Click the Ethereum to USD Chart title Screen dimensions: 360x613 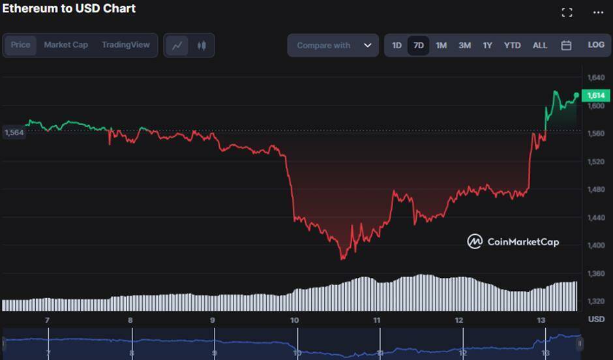coord(68,8)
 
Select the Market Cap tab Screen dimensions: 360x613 coord(66,45)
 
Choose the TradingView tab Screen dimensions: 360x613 coord(125,45)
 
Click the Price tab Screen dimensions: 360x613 coord(20,45)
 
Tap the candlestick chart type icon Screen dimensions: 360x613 coord(202,46)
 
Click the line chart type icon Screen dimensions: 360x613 coord(177,46)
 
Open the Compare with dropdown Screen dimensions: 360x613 coord(333,46)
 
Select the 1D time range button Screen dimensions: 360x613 coord(396,46)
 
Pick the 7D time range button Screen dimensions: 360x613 coord(419,46)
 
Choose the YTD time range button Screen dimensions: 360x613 coord(513,46)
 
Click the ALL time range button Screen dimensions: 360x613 coord(540,46)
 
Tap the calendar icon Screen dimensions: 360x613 coord(566,46)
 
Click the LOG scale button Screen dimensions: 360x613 coord(596,45)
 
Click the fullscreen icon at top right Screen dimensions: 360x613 coord(567,12)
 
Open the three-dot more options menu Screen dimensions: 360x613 coord(598,12)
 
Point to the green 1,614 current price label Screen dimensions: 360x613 coord(596,95)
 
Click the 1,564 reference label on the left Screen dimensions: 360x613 coord(14,132)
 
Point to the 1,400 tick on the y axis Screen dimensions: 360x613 coord(596,245)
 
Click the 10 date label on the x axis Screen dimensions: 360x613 coord(295,320)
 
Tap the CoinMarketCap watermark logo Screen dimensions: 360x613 coord(513,242)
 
